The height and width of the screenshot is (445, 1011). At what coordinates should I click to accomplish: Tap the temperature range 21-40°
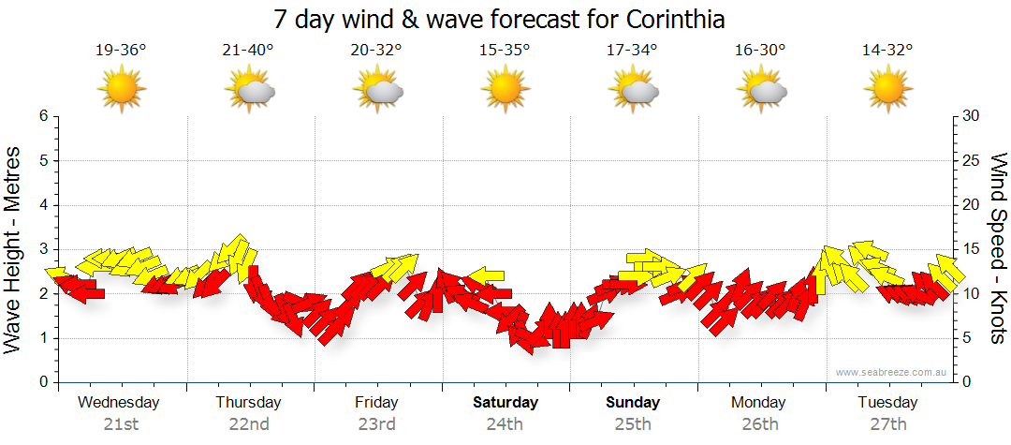click(248, 51)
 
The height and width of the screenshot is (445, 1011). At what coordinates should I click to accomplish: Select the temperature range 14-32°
click(887, 51)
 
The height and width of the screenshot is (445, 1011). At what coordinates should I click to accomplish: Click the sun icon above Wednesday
click(121, 90)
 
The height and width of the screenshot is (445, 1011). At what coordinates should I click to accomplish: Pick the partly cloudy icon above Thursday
click(249, 90)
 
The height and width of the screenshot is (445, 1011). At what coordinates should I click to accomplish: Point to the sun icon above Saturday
click(505, 90)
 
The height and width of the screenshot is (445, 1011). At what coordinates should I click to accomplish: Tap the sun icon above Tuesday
click(887, 90)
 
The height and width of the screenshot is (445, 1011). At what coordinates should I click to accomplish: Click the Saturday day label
click(505, 403)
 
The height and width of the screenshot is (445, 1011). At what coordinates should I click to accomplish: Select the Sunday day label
click(633, 403)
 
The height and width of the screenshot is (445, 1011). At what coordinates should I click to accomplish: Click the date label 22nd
click(249, 424)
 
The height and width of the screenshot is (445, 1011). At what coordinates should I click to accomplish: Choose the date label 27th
click(887, 424)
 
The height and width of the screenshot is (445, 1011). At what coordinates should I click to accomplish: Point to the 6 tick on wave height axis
click(43, 116)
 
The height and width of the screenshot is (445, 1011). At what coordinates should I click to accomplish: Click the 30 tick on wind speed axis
click(972, 116)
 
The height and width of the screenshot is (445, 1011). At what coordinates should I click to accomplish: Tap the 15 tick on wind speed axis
click(972, 249)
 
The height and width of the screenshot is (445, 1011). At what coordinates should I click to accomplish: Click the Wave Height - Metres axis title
click(13, 249)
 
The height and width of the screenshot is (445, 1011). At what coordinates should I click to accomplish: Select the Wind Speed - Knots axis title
click(998, 249)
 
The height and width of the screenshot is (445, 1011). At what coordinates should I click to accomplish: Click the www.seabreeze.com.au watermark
click(893, 373)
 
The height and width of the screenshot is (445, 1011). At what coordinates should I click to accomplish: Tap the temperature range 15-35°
click(505, 51)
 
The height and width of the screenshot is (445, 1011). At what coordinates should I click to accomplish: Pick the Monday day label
click(759, 403)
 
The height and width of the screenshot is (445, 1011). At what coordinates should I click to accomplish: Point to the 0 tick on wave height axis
click(43, 382)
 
